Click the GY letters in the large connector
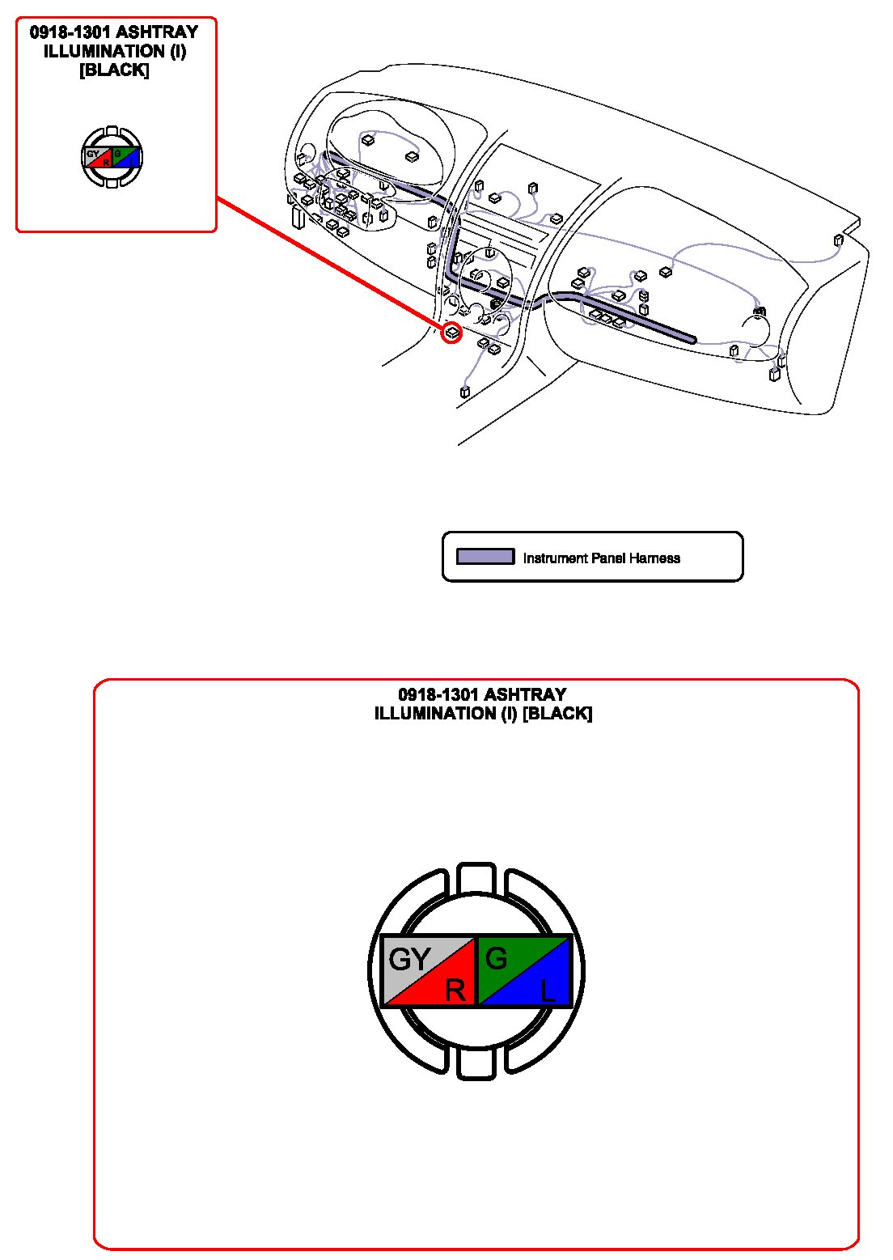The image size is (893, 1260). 409,960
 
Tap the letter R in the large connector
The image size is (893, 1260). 455,990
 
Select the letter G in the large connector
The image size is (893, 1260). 496,959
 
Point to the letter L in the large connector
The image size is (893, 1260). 548,991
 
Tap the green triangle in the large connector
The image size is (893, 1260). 506,955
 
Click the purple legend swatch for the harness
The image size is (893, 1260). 485,557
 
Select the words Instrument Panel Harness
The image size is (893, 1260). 601,558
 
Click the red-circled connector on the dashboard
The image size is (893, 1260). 452,332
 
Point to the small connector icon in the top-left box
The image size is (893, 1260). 112,158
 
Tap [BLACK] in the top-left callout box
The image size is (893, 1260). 114,70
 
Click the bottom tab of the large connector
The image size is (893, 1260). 476,1063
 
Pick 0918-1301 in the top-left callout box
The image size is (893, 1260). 70,32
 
